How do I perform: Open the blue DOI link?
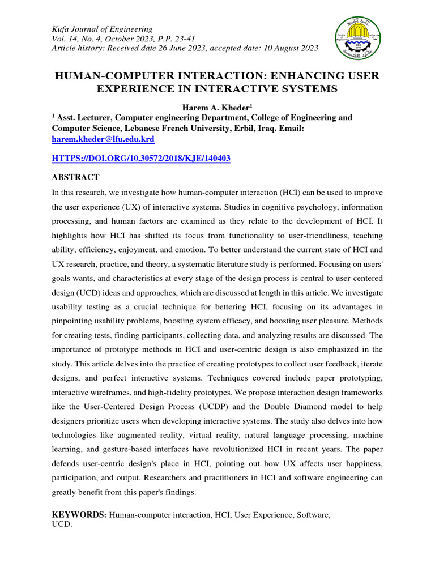click(x=141, y=159)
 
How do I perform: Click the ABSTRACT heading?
click(x=76, y=178)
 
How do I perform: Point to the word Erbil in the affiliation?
click(x=232, y=129)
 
